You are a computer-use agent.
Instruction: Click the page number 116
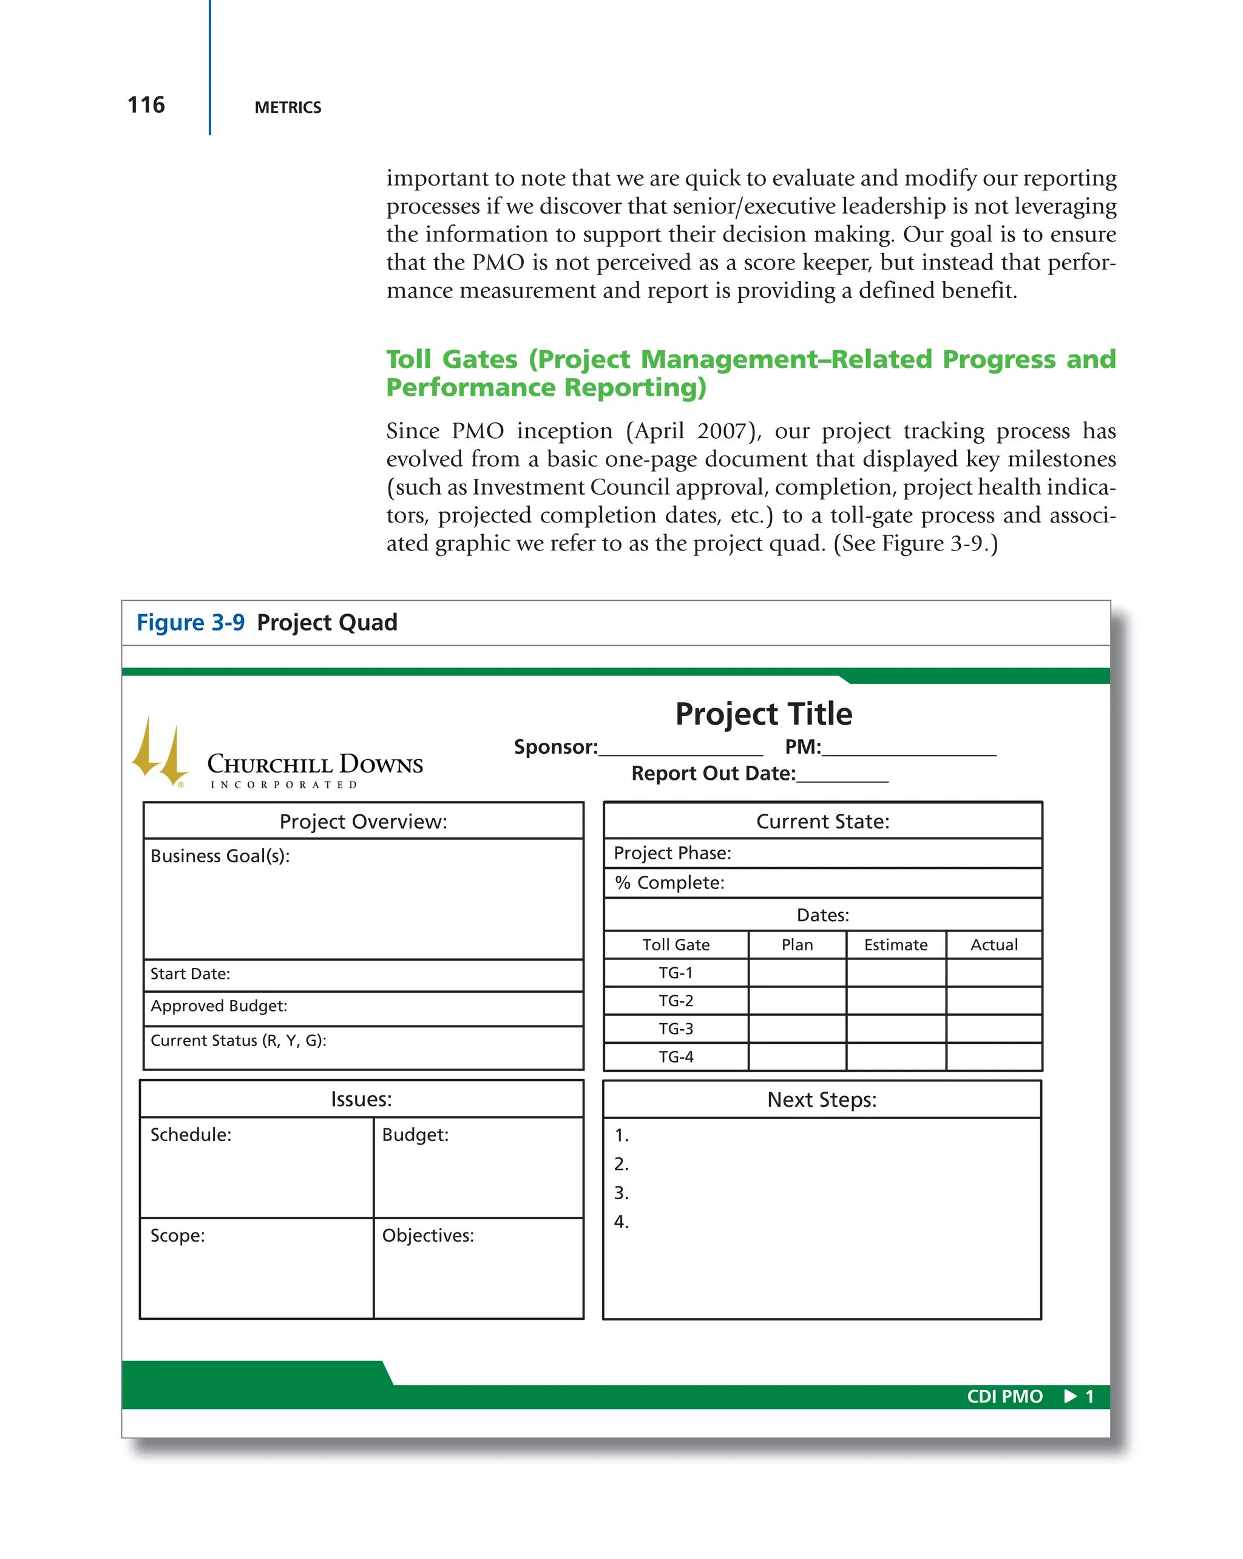[146, 106]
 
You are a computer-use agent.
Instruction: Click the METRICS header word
[287, 108]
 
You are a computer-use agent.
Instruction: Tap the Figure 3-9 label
[190, 623]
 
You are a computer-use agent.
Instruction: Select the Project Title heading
[763, 714]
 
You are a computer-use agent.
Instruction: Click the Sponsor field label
[555, 747]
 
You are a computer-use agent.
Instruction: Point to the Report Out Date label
[713, 774]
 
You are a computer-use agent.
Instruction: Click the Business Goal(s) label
[220, 856]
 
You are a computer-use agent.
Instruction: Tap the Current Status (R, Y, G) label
[238, 1041]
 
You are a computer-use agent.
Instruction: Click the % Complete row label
[669, 883]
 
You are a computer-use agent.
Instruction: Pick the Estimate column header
[895, 945]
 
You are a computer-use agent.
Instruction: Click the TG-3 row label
[676, 1029]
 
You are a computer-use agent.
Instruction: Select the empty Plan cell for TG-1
[797, 973]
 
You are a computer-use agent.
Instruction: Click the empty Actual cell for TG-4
[994, 1057]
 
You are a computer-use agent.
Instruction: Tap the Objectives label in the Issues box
[427, 1236]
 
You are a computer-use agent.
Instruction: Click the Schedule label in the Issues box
[191, 1135]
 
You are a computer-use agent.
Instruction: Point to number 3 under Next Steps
[621, 1193]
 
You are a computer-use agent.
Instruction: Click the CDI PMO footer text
[1004, 1396]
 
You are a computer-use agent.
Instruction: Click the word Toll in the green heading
[408, 359]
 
